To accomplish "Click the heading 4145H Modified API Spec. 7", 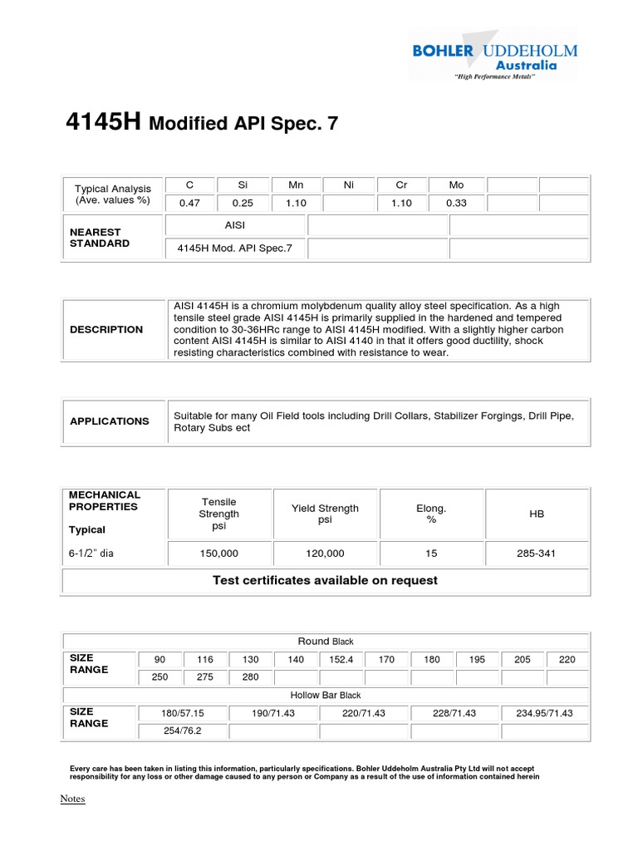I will tap(202, 123).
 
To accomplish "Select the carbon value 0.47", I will tap(190, 203).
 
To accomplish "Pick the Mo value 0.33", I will tap(455, 203).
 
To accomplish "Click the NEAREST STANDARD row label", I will tap(100, 238).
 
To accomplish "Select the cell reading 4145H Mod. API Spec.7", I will tap(235, 248).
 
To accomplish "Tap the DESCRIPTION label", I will tap(106, 330).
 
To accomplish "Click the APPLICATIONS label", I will tap(110, 421).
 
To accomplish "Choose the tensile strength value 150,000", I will tap(219, 553).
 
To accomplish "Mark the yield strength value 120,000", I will tap(326, 553).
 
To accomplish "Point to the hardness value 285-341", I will tap(537, 553).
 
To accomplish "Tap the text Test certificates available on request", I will tap(325, 580).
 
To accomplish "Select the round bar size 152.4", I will tap(341, 659).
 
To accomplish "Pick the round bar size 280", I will tap(251, 677).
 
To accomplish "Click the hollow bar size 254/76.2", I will tap(183, 731).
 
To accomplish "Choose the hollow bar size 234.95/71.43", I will tap(545, 713).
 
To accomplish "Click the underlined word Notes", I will tap(72, 799).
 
